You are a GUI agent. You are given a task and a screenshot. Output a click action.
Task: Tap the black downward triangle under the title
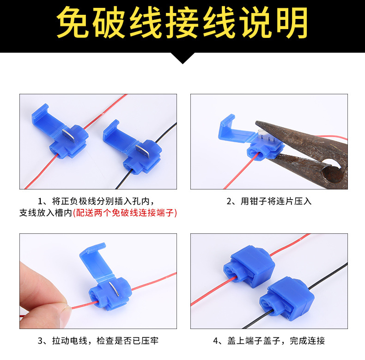point(182,57)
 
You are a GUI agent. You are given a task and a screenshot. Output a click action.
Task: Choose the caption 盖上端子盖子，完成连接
point(269,341)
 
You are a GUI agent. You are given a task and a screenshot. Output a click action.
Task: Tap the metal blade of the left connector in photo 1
point(67,138)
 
